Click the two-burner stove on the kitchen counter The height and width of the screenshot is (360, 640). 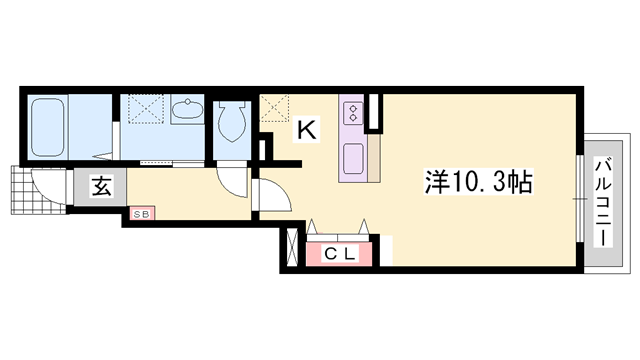[x=354, y=109]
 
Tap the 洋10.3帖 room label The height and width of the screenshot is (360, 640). [x=478, y=183]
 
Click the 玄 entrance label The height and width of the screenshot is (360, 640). [x=102, y=187]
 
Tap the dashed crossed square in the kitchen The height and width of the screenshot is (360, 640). [x=275, y=108]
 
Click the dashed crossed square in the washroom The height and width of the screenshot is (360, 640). [x=146, y=107]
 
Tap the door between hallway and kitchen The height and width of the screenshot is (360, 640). [x=268, y=195]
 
